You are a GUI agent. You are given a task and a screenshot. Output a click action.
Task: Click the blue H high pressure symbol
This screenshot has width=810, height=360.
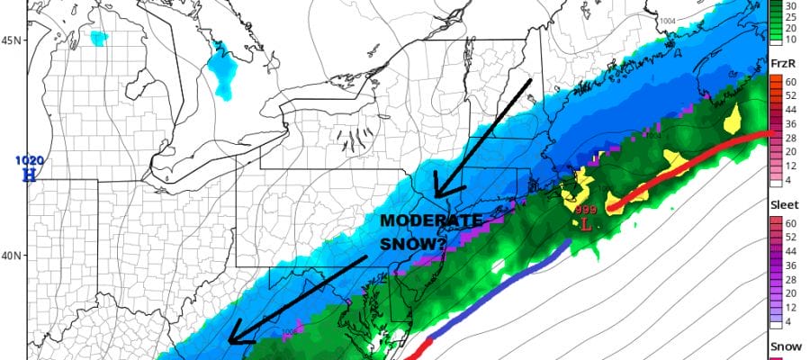[29, 175]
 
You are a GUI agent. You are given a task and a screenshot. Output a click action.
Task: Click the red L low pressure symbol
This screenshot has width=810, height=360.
[586, 224]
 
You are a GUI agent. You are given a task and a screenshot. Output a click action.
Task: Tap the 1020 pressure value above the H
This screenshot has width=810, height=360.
[29, 161]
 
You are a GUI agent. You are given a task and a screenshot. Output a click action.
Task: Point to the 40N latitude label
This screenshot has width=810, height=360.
[13, 256]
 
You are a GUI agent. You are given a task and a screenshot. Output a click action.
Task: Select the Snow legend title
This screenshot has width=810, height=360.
[784, 346]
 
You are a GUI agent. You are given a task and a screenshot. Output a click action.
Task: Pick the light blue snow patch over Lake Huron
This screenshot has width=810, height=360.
[221, 62]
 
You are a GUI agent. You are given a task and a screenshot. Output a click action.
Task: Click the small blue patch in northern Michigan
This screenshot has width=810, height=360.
[98, 38]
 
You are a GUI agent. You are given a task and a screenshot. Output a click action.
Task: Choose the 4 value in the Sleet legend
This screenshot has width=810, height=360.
[788, 321]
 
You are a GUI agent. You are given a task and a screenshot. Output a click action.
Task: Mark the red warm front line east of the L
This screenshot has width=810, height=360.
[684, 167]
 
